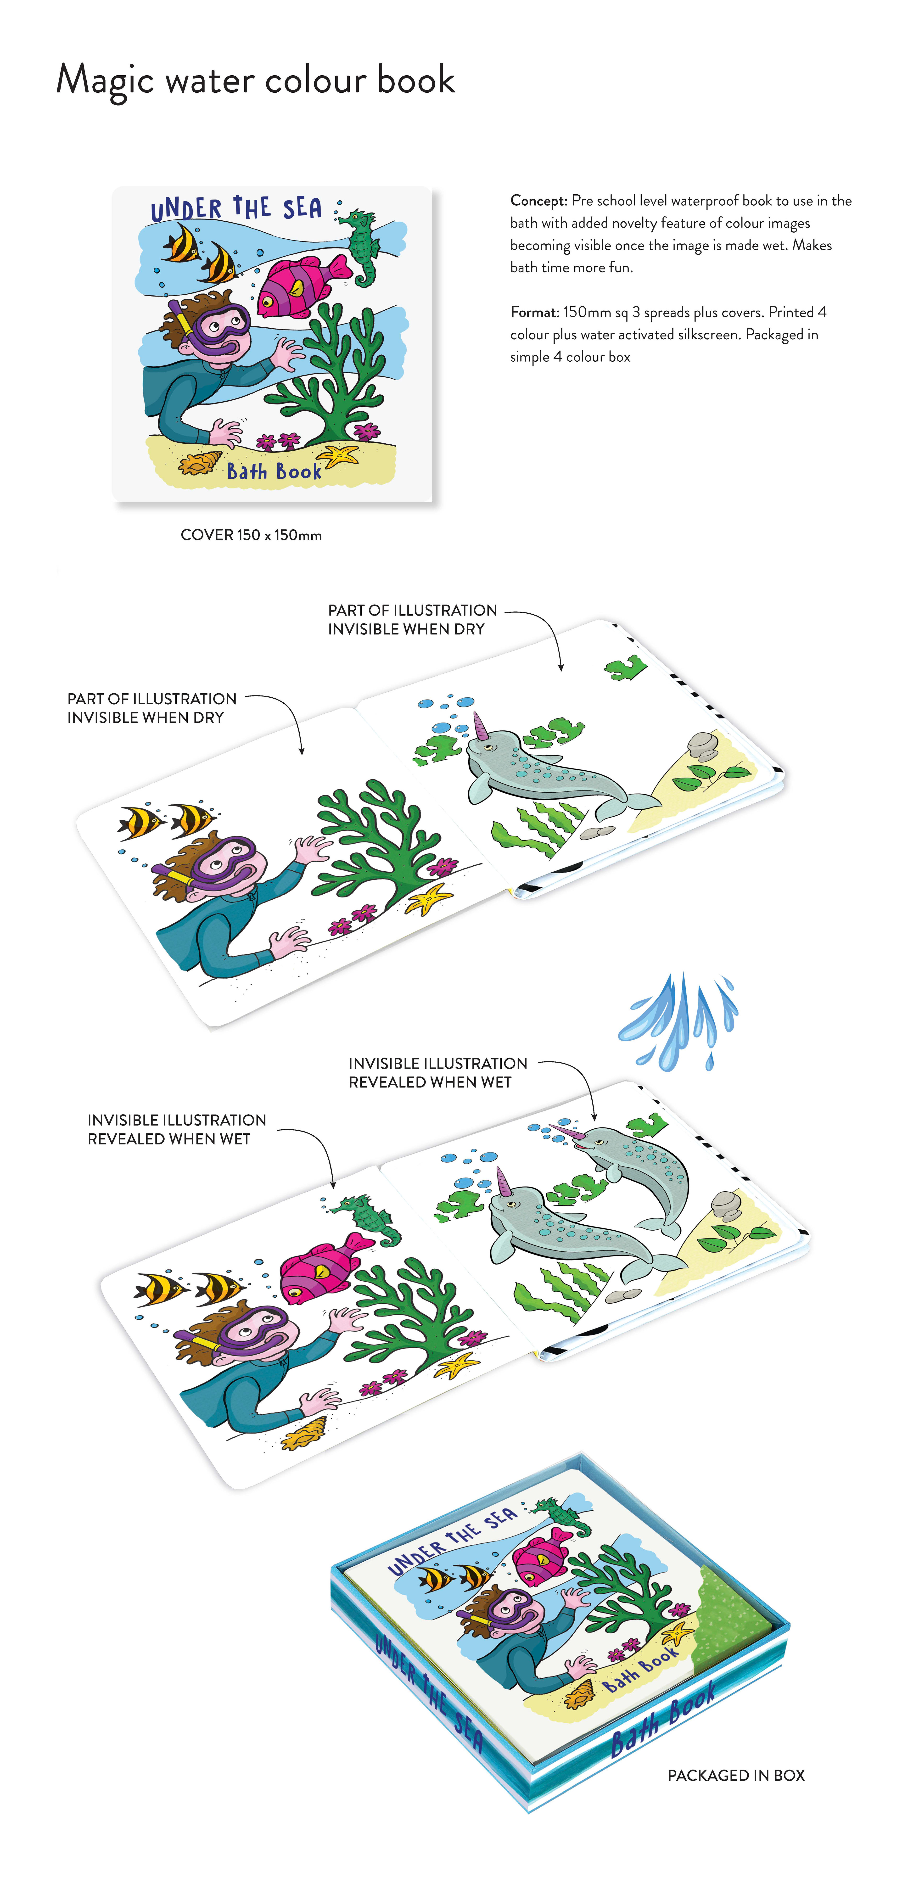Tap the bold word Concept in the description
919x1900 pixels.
(538, 201)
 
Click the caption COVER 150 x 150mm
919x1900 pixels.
(251, 535)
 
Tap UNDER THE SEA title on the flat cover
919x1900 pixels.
(236, 209)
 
